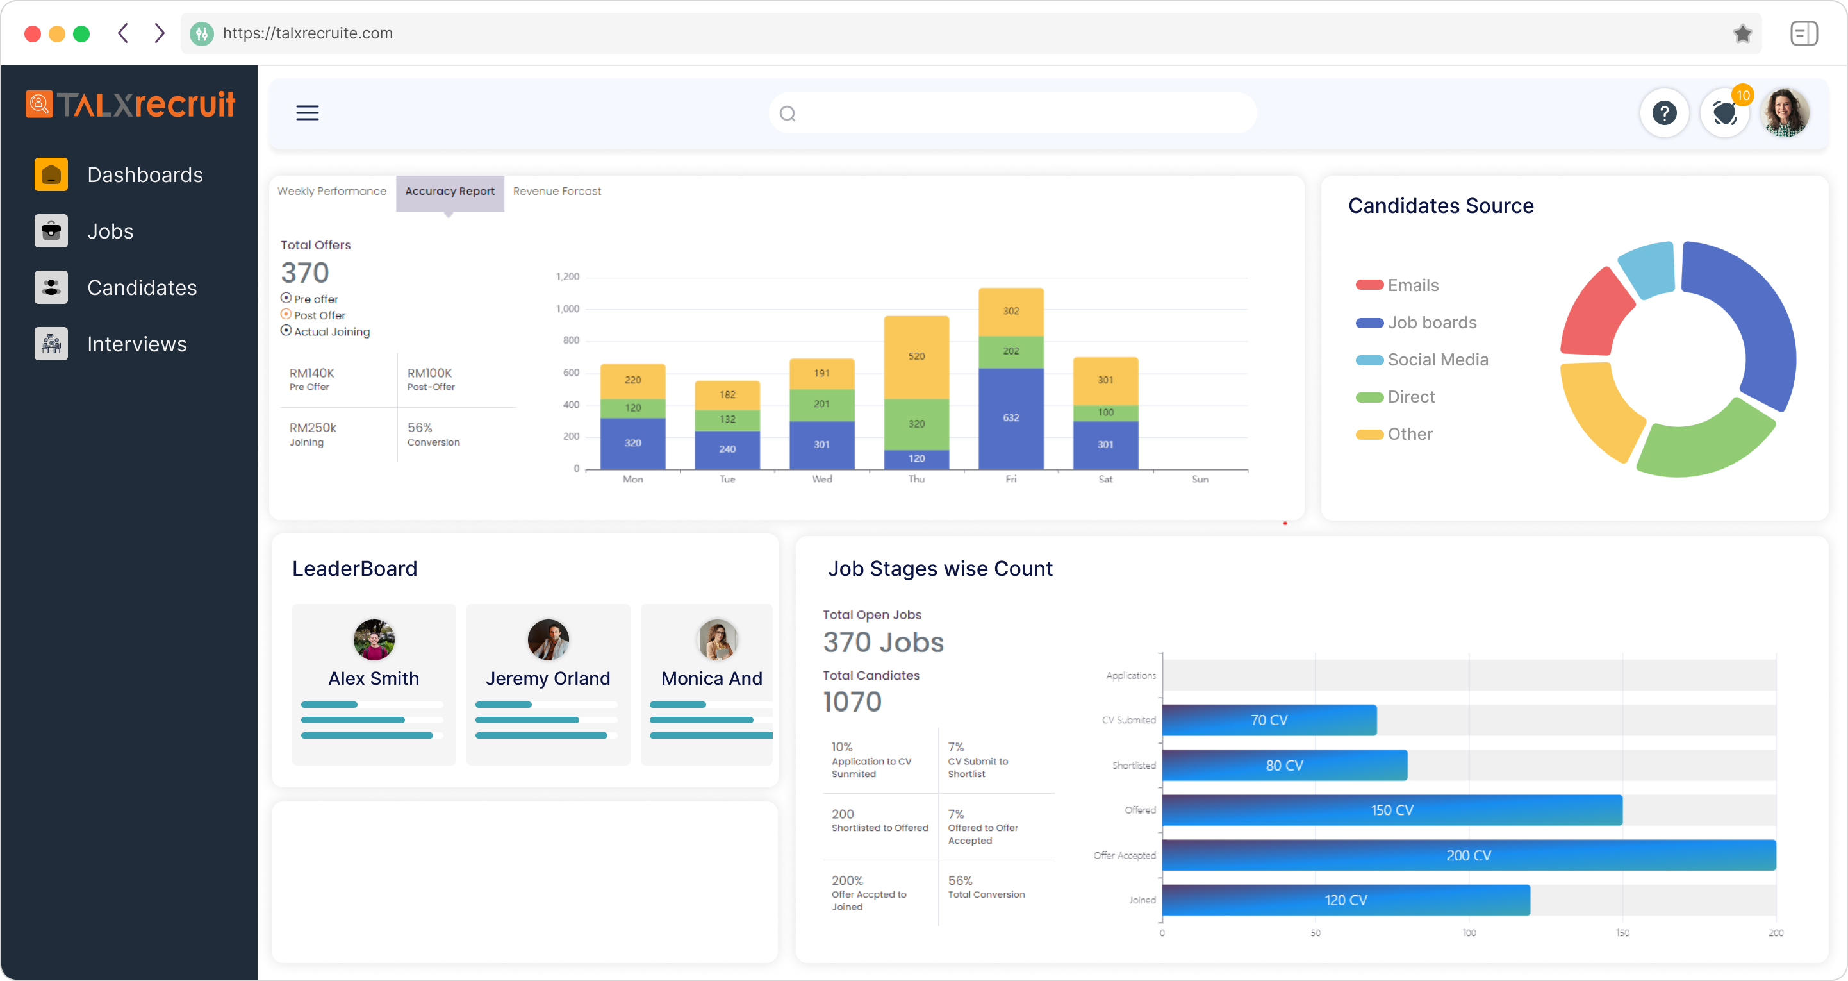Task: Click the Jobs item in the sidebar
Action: [x=110, y=231]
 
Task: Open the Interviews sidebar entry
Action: [x=136, y=344]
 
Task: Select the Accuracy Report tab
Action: [x=450, y=192]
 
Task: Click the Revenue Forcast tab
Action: [x=557, y=192]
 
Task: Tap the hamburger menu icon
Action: [x=307, y=113]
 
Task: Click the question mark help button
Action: [x=1663, y=113]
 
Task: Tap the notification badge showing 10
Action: [x=1742, y=96]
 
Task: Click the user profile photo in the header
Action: [x=1786, y=113]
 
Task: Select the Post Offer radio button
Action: [x=286, y=314]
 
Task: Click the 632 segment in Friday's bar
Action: [x=1011, y=417]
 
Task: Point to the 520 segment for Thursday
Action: [x=916, y=356]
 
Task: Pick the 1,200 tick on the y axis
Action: [x=568, y=277]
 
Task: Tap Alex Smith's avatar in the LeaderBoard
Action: [x=374, y=639]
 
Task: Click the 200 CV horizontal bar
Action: [x=1468, y=855]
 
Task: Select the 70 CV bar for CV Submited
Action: [x=1268, y=721]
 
